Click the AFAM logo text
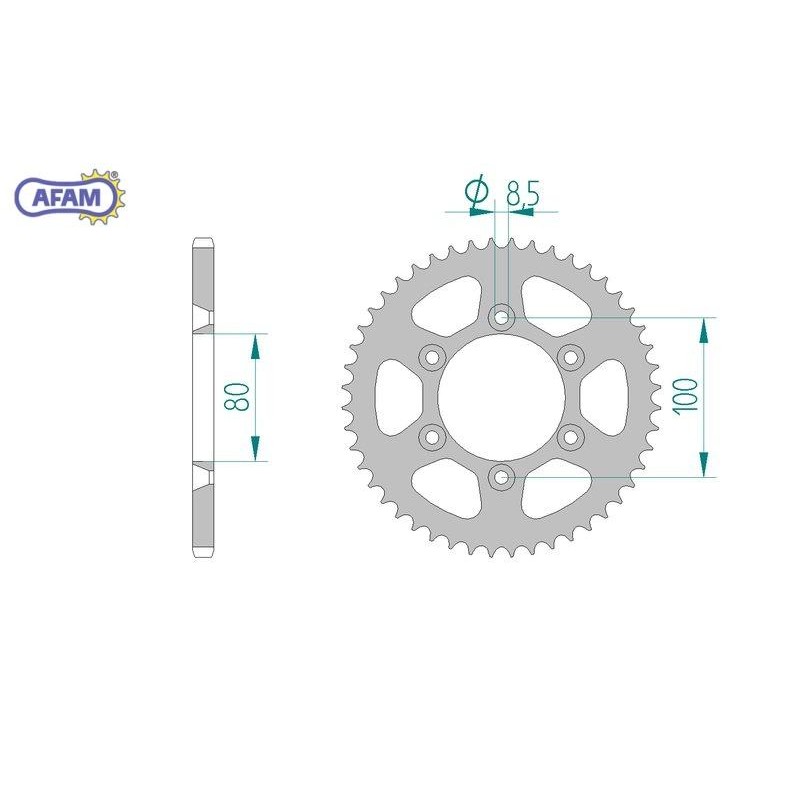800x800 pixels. coord(67,197)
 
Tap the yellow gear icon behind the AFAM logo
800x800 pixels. coord(102,197)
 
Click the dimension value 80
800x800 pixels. coord(237,396)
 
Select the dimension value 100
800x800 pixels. coord(686,396)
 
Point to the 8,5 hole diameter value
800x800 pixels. coord(522,193)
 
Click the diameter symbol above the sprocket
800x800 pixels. coord(477,191)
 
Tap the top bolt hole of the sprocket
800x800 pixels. coord(502,317)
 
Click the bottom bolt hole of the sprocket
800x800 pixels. coord(502,477)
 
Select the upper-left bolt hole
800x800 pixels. coord(432,357)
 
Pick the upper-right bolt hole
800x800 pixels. coord(570,357)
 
